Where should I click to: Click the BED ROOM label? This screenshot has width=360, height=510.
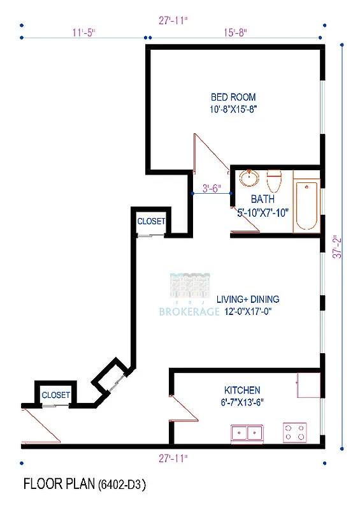click(234, 98)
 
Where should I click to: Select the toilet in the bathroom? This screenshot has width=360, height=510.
click(274, 181)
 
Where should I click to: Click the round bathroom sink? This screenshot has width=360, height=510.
click(248, 179)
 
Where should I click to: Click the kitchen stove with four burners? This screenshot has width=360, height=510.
click(295, 432)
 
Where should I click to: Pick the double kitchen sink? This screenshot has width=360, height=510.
click(248, 433)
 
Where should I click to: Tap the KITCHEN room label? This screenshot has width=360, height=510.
click(241, 390)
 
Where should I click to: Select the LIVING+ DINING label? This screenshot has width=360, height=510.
click(248, 299)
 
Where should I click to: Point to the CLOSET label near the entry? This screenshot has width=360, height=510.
click(55, 395)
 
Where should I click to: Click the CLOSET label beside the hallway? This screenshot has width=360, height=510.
click(152, 222)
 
